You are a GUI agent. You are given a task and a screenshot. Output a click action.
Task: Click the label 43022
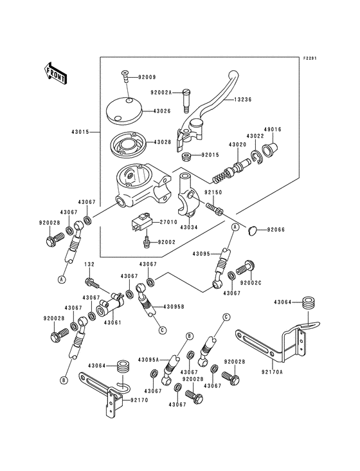pyautogui.click(x=255, y=136)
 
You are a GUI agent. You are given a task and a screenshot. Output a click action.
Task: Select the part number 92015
pyautogui.click(x=210, y=155)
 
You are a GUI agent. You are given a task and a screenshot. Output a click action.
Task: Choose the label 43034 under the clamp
pyautogui.click(x=188, y=227)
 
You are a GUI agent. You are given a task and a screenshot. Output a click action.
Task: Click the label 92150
pyautogui.click(x=213, y=192)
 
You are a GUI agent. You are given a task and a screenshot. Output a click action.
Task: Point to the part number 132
pyautogui.click(x=89, y=264)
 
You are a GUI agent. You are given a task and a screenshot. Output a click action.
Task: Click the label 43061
pyautogui.click(x=113, y=322)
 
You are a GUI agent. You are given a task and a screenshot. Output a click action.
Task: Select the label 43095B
pyautogui.click(x=174, y=306)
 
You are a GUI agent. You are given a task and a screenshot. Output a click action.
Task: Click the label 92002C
pyautogui.click(x=250, y=283)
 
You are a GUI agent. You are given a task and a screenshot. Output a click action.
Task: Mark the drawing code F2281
pyautogui.click(x=311, y=58)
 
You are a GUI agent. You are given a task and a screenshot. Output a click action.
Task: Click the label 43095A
pyautogui.click(x=148, y=359)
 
